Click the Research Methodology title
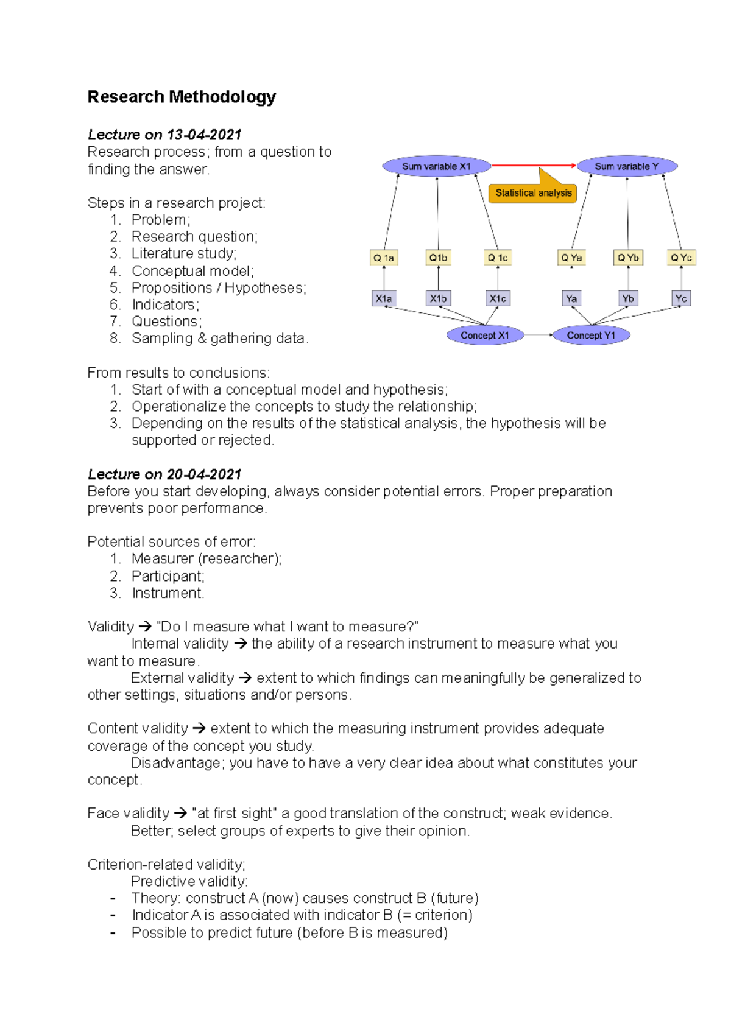pos(182,97)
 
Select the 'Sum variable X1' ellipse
pos(436,166)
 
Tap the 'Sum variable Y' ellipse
pos(627,166)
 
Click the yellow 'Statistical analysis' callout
pos(533,193)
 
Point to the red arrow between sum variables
pos(533,165)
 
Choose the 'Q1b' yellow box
pos(438,258)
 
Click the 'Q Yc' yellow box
pos(681,258)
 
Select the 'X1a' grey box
pos(384,298)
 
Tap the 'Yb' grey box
pos(628,298)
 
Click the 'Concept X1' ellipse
pos(485,336)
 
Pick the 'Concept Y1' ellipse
pos(591,336)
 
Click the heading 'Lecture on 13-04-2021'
pos(164,135)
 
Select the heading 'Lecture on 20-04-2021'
pos(164,474)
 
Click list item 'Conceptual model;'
pos(192,271)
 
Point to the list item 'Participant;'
pos(168,576)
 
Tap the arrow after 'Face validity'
pos(180,814)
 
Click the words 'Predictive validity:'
pos(189,881)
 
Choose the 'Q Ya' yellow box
pos(571,258)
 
